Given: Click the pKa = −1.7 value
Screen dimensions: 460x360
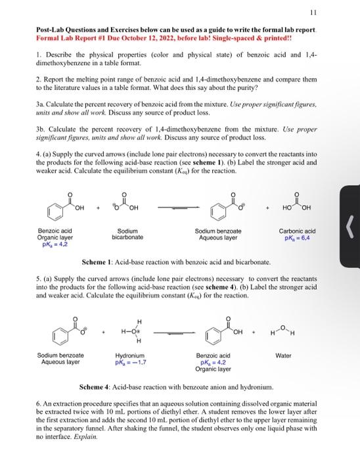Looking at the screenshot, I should [x=130, y=363].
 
